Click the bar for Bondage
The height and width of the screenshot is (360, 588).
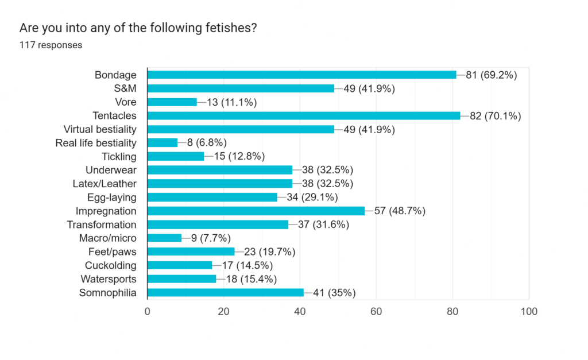tap(301, 75)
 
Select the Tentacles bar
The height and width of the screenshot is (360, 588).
tap(304, 115)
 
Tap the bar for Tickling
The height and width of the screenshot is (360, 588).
tap(176, 156)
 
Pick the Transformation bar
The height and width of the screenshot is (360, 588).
tap(218, 224)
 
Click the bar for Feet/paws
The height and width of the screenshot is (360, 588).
tap(191, 251)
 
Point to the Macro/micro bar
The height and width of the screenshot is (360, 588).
tap(164, 238)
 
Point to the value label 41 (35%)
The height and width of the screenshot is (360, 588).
tap(334, 293)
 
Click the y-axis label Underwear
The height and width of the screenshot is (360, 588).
tap(111, 170)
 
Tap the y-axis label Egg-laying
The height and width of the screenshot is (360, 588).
tap(111, 198)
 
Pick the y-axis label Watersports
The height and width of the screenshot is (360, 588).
tap(110, 279)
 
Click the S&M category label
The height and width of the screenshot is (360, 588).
tap(125, 88)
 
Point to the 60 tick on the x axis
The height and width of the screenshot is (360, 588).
tap(376, 312)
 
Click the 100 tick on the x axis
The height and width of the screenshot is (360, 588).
tap(528, 312)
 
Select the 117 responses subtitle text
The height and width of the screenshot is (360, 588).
tap(51, 45)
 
